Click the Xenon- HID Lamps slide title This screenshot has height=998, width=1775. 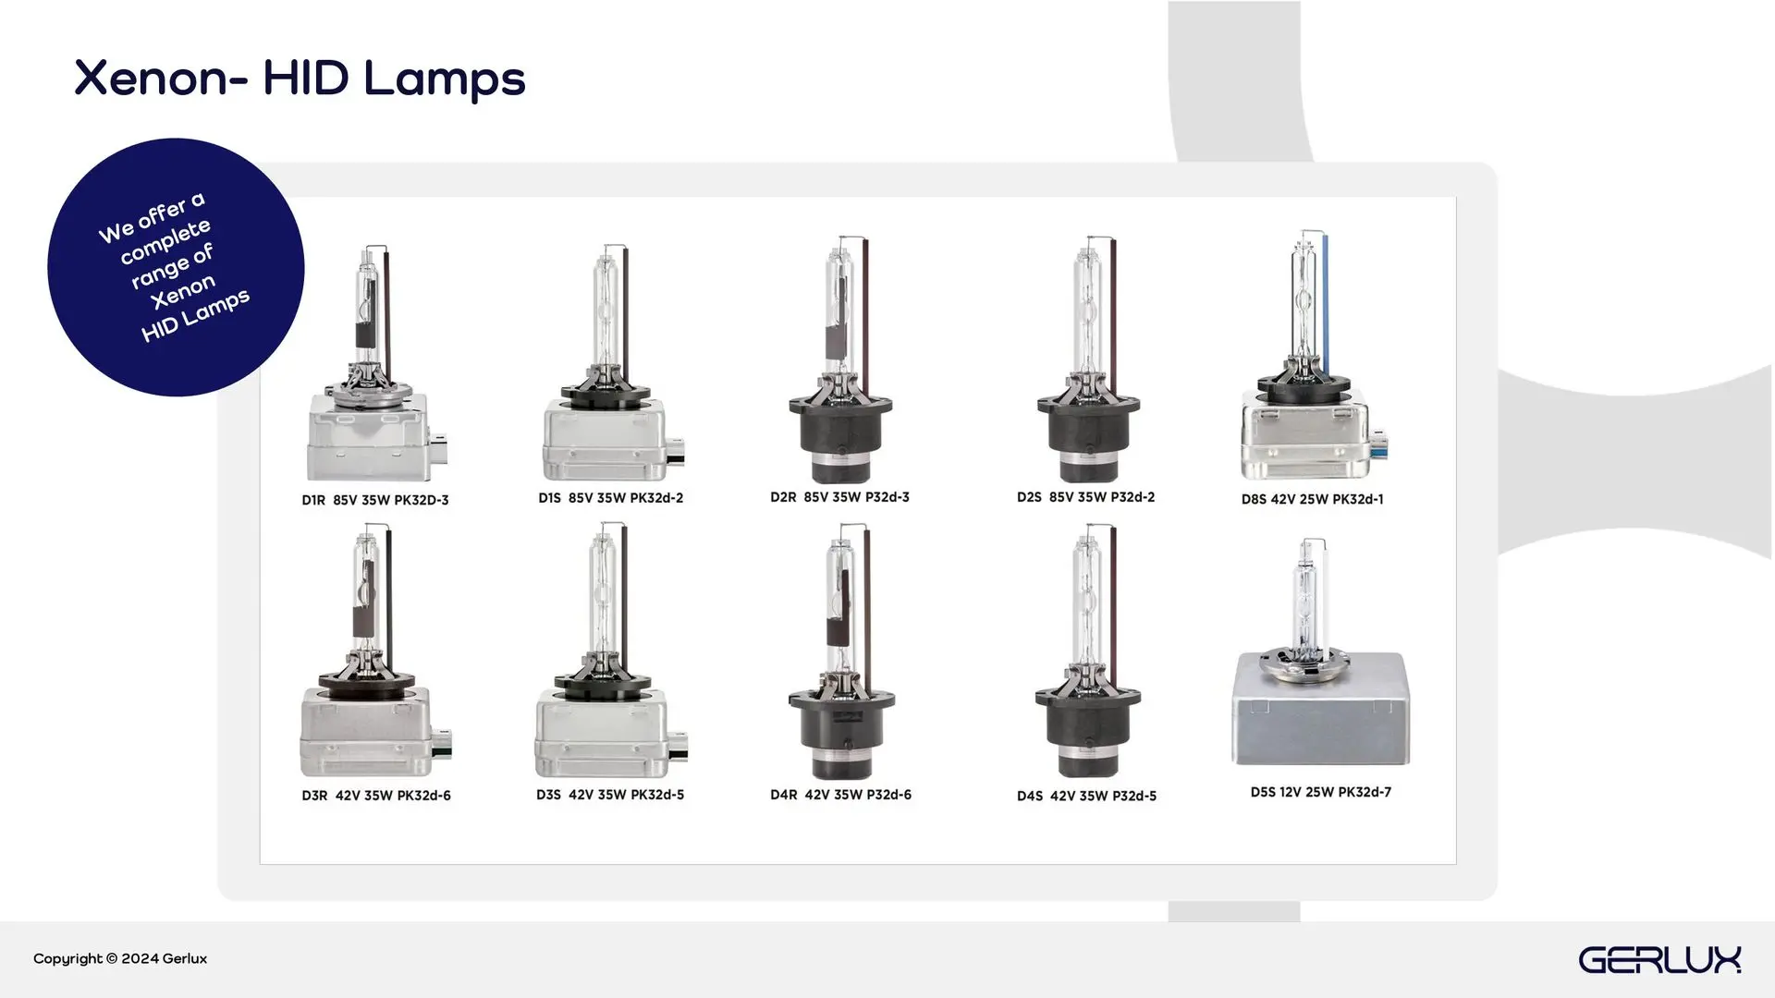pos(300,79)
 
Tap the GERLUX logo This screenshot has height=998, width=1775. pos(1659,959)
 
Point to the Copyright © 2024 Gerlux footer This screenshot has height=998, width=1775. pos(120,958)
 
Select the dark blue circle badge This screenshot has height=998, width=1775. pos(176,267)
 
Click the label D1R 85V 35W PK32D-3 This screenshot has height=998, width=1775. pos(375,500)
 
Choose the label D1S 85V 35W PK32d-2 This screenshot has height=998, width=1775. pos(611,498)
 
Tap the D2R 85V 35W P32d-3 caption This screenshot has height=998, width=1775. pos(839,497)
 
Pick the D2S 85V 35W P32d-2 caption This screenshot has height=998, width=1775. pos(1086,497)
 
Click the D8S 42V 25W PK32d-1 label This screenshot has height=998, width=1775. pos(1313,499)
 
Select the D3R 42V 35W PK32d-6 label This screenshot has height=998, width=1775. pos(376,796)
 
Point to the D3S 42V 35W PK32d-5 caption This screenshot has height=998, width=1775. pos(610,795)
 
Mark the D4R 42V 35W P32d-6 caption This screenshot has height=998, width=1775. pos(840,795)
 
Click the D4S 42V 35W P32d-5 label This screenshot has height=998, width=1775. pos(1087,796)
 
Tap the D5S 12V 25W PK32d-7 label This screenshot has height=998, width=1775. pos(1321,792)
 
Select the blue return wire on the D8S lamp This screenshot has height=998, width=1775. pos(1326,296)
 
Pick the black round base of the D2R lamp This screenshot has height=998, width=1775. pos(840,434)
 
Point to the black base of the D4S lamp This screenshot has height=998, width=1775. pos(1087,730)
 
